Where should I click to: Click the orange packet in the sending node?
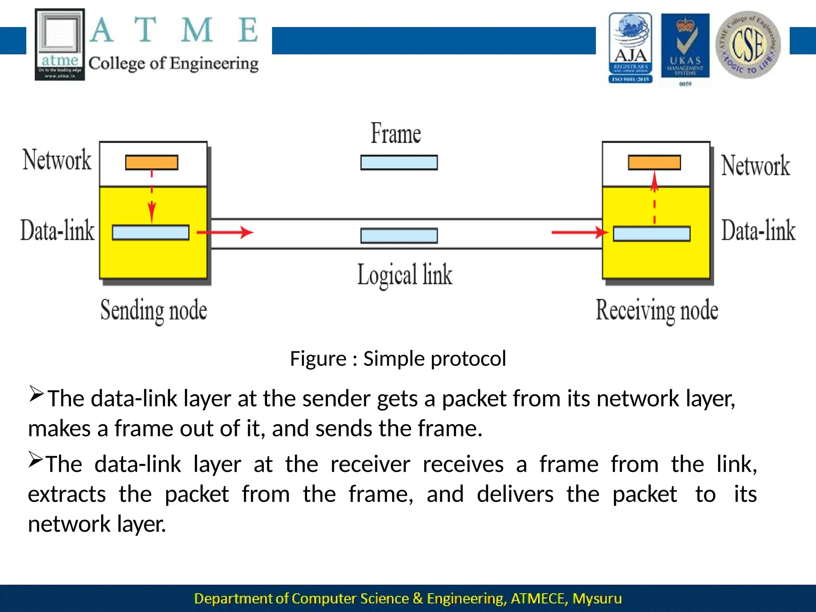151,163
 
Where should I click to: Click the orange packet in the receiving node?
654,163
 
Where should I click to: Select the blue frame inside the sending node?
151,233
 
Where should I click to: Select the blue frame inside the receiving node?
652,234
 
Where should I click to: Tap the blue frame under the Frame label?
399,163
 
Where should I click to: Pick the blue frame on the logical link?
399,235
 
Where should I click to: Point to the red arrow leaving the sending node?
225,232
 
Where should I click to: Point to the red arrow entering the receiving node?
580,232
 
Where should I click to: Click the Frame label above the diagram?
396,134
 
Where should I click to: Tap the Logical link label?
404,275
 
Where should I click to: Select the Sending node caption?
154,311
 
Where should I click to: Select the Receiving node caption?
657,311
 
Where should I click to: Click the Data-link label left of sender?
58,231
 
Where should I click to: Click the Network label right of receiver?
755,166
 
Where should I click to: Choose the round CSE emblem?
748,45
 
